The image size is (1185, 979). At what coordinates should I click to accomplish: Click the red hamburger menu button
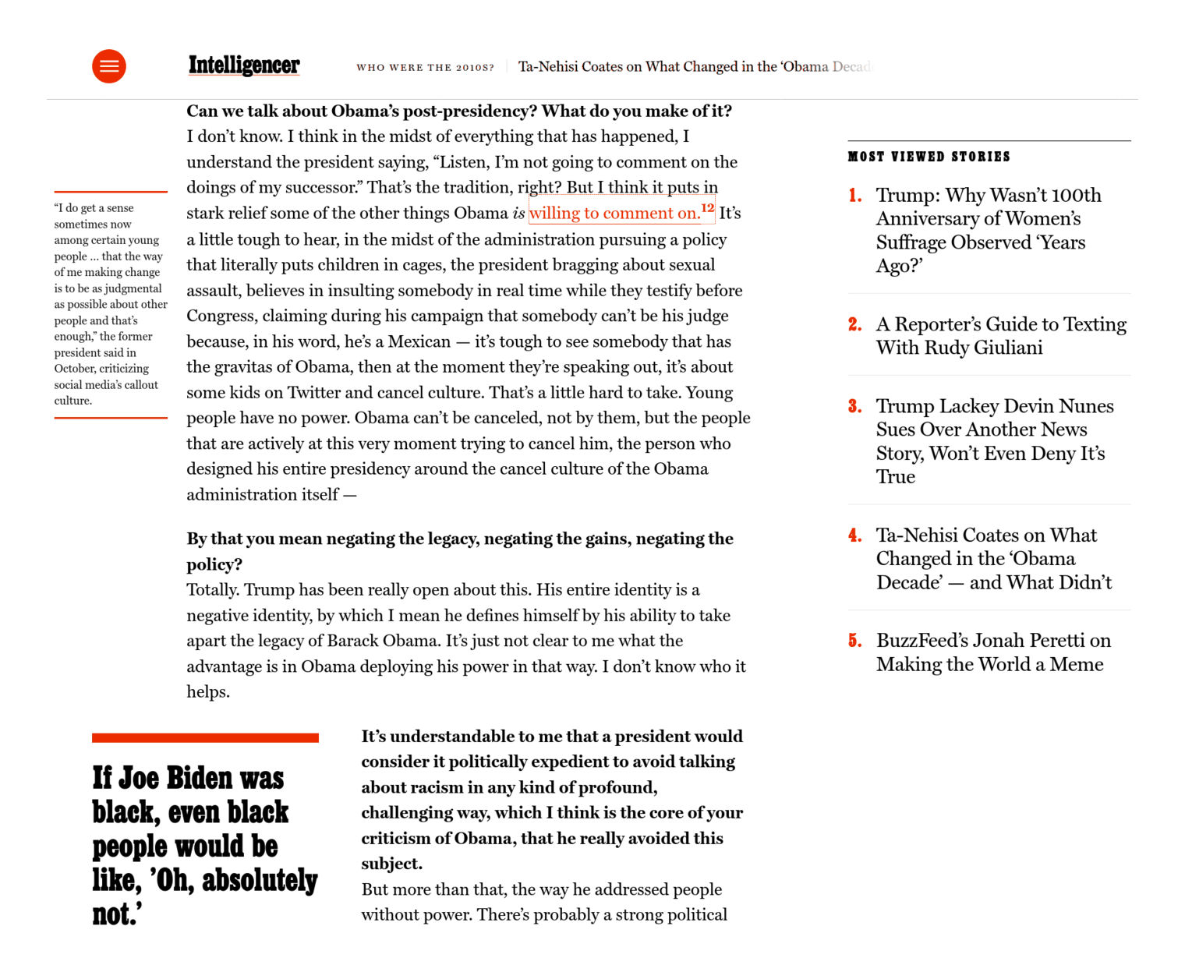coord(109,66)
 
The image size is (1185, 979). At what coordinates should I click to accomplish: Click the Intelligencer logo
coord(244,65)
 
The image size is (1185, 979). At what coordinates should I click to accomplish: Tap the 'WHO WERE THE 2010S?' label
coord(425,68)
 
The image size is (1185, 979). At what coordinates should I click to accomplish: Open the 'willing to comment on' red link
coord(614,213)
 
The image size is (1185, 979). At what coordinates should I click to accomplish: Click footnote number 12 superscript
coord(708,207)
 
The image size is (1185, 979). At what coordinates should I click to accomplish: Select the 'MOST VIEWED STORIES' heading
coord(929,157)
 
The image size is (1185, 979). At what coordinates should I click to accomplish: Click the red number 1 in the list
coord(855,195)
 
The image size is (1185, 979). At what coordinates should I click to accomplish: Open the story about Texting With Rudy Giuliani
coord(1001,336)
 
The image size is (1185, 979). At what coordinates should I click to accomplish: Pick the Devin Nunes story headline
coord(994,441)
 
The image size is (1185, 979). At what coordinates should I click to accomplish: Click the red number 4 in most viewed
coord(855,535)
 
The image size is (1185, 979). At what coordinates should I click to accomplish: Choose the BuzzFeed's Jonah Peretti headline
coord(993,652)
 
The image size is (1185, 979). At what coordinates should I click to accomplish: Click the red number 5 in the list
coord(855,641)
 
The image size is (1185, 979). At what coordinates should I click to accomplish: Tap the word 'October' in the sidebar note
coord(74,369)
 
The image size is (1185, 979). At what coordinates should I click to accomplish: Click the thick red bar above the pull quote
coord(205,737)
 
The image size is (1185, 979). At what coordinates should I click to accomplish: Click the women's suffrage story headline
coord(988,231)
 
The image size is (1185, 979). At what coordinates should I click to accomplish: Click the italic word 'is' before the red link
coord(518,214)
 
